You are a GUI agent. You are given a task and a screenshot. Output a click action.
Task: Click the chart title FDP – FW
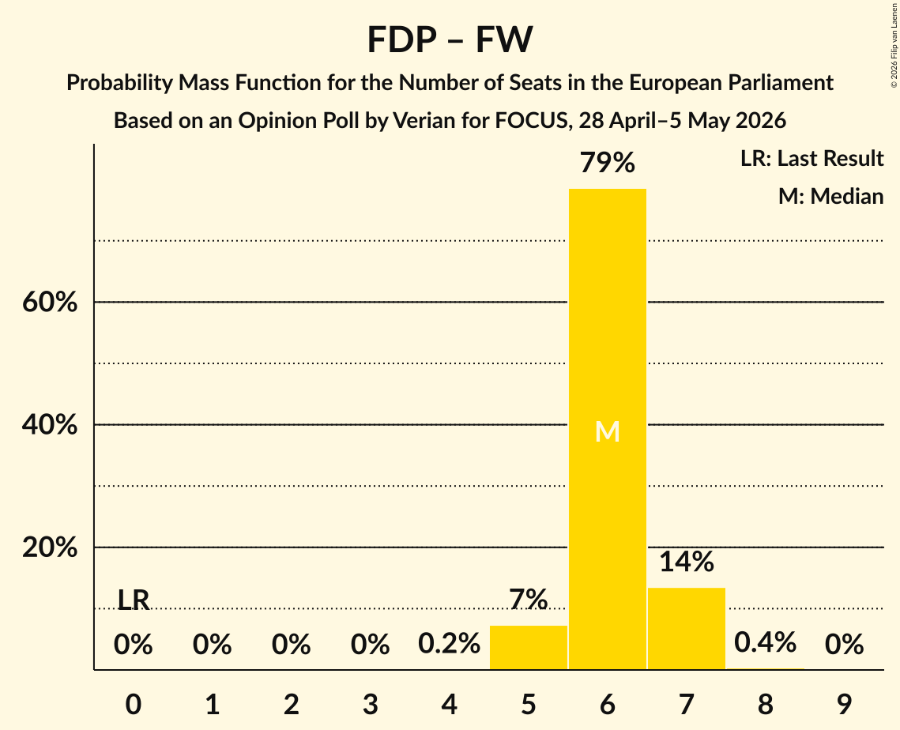tap(450, 40)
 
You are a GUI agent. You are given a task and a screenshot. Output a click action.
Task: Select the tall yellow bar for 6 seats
tap(608, 429)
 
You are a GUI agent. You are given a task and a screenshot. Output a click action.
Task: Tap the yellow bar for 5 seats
tap(528, 647)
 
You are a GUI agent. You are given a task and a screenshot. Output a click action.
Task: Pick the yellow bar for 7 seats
tap(687, 628)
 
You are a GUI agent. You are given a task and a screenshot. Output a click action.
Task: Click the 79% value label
tap(608, 163)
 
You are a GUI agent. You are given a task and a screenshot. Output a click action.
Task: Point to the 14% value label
tap(687, 562)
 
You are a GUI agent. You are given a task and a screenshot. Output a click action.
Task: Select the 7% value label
tap(528, 600)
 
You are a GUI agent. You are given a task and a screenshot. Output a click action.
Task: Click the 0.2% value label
tap(449, 643)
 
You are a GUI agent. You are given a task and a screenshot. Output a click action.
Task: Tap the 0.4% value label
tap(765, 643)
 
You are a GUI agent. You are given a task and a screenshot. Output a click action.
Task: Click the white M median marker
tap(608, 431)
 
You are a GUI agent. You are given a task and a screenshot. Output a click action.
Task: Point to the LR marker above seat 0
tap(134, 600)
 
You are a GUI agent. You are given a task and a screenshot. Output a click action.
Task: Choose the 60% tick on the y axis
tap(50, 302)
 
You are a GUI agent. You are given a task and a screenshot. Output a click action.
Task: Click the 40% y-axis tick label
tap(50, 425)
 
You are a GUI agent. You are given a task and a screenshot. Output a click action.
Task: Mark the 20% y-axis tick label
tap(50, 547)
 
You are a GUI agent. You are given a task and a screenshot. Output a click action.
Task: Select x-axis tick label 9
tap(845, 705)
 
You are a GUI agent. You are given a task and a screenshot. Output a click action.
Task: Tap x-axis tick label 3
tap(371, 705)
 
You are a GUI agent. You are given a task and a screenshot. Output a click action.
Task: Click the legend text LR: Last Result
tap(812, 158)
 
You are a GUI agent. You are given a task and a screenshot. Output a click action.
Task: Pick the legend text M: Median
tap(830, 196)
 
